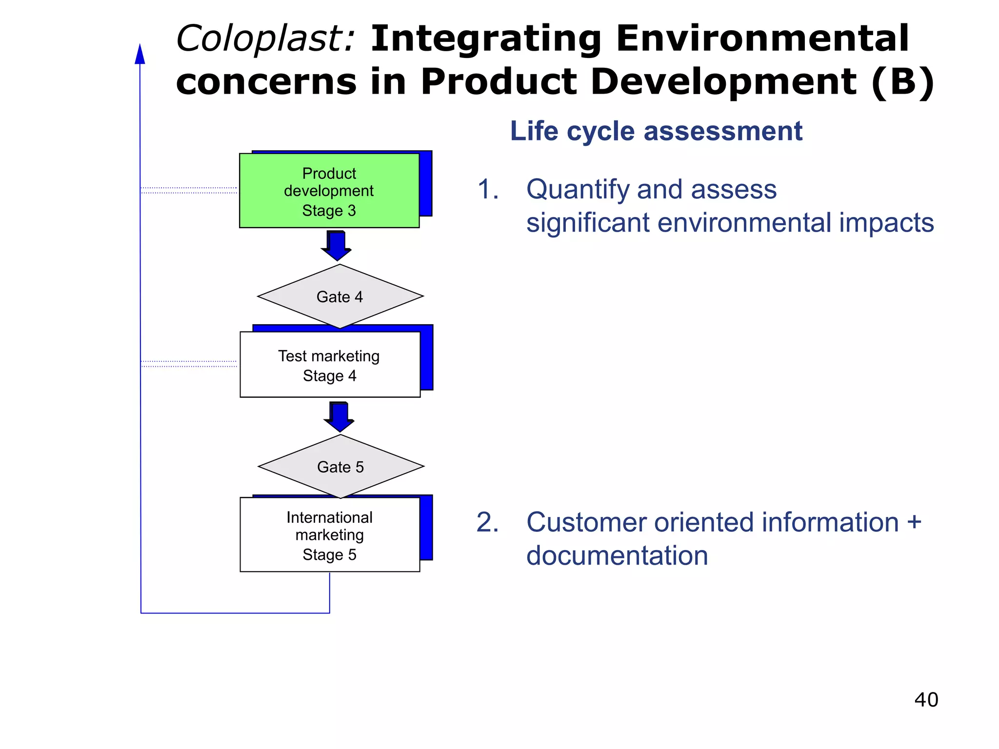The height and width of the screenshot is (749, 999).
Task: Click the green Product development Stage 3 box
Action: [x=329, y=191]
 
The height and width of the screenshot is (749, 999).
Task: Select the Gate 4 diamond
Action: [x=340, y=296]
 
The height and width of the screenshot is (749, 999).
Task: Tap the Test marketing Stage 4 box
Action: [x=330, y=365]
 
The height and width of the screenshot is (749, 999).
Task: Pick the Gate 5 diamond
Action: [x=340, y=467]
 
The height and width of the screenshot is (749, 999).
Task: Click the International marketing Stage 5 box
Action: [x=330, y=535]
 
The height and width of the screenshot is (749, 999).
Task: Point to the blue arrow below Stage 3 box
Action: [x=337, y=245]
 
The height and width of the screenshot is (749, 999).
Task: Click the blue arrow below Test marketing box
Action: [x=339, y=416]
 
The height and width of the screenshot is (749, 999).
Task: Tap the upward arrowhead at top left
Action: [x=140, y=54]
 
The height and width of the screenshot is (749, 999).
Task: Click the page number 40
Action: [x=926, y=700]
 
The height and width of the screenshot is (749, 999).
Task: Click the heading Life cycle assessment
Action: [x=656, y=131]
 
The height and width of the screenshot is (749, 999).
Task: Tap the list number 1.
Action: [x=487, y=189]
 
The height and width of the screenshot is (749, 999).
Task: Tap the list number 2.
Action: [x=487, y=522]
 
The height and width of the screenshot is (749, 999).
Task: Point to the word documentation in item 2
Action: [x=617, y=555]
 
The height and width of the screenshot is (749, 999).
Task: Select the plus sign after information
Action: [x=914, y=522]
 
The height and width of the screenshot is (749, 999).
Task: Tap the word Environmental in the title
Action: [x=762, y=39]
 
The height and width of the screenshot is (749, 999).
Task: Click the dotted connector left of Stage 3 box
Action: [x=189, y=190]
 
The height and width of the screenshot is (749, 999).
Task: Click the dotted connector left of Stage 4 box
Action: [x=189, y=364]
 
